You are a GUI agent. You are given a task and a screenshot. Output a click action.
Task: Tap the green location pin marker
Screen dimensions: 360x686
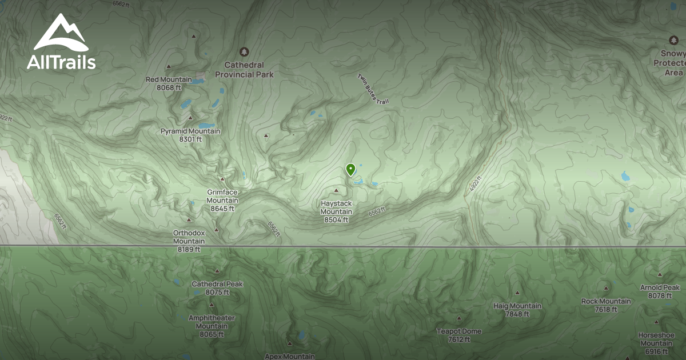pos(350,169)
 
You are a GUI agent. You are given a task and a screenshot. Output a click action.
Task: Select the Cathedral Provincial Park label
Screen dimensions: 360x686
pos(244,70)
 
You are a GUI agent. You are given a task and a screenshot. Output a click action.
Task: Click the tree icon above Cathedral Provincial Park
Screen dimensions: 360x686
pos(244,52)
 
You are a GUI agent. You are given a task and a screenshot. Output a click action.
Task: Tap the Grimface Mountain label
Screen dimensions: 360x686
pos(222,200)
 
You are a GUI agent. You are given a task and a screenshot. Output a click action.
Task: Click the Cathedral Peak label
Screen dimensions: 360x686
pos(217,288)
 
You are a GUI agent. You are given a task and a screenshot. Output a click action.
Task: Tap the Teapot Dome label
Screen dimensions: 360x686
pos(459,335)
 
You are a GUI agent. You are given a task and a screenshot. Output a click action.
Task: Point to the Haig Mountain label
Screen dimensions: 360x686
pos(517,310)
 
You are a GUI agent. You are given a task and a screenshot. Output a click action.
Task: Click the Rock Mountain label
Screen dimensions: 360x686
pos(606,305)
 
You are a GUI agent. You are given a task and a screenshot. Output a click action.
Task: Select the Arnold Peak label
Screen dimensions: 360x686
pos(660,291)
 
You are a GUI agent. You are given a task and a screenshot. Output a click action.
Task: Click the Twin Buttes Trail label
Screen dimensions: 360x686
pos(373,89)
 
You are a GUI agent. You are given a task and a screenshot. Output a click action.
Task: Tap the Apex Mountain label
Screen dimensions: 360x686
pos(289,356)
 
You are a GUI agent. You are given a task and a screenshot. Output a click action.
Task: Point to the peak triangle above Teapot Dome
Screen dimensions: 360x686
pos(458,318)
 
